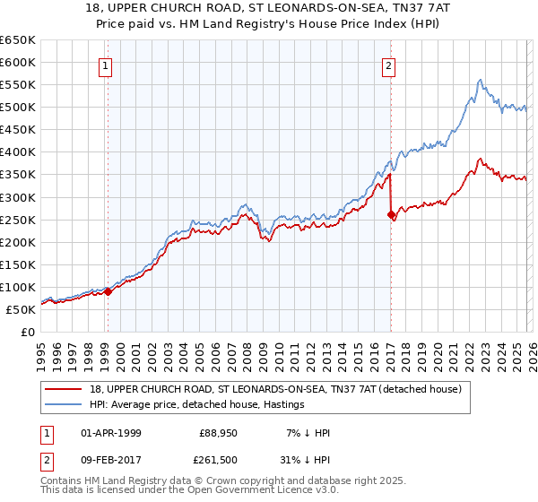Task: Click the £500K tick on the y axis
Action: (18, 108)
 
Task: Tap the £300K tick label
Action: (18, 197)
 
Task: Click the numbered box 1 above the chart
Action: (106, 65)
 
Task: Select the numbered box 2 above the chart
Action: (389, 65)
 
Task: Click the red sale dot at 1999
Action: (108, 291)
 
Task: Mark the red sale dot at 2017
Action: (391, 214)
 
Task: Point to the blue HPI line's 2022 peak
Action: (480, 81)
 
